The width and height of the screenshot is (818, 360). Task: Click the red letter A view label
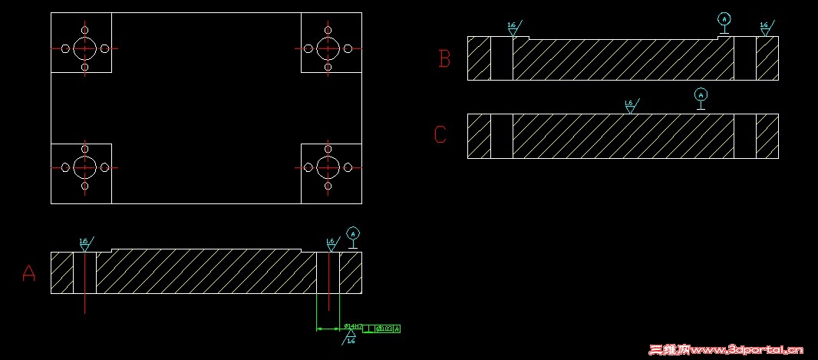point(28,273)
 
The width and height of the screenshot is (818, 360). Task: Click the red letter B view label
point(444,59)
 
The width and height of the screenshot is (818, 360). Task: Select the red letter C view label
point(440,135)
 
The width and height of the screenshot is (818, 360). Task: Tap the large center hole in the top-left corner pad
point(84,48)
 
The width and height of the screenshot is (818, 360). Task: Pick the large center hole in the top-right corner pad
point(328,48)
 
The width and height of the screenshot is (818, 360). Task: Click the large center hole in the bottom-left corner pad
point(84,167)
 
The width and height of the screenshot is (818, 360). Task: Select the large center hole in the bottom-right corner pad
point(328,167)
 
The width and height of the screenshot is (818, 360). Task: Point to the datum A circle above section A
point(352,233)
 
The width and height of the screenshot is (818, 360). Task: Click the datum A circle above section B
point(723,18)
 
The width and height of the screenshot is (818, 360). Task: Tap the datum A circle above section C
point(700,94)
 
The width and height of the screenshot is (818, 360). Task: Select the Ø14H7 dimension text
point(353,327)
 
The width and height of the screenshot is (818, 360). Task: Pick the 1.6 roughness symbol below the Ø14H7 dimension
point(351,339)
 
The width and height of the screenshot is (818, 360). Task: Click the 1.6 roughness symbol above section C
point(631,105)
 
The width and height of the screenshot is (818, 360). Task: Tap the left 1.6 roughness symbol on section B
point(513,28)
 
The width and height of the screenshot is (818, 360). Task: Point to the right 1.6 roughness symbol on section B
point(765,28)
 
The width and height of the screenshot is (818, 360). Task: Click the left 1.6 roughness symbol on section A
point(84,244)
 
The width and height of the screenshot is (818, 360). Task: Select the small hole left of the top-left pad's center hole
point(65,48)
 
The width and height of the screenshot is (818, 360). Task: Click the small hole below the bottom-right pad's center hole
point(328,187)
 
